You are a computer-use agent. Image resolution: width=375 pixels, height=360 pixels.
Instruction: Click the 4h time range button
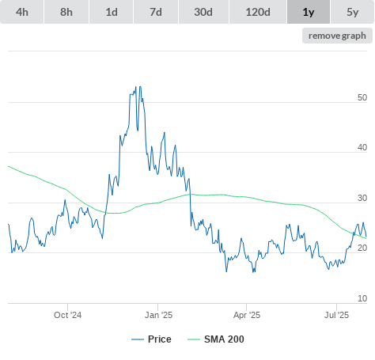(22, 12)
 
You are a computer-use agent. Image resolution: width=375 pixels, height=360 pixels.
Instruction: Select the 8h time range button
(66, 12)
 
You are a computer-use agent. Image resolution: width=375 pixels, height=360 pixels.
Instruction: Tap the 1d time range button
(112, 12)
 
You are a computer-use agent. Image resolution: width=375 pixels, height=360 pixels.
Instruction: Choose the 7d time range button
(156, 12)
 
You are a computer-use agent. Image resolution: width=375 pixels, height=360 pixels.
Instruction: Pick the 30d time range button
(203, 12)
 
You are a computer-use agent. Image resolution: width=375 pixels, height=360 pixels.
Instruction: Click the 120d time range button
(258, 12)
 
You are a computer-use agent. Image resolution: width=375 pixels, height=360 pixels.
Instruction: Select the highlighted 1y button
(309, 12)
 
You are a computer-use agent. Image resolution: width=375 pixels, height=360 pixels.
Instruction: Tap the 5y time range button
(353, 12)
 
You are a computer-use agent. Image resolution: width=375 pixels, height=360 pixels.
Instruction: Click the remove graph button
(337, 36)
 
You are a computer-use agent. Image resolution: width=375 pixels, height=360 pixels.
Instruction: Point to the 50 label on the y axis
(362, 97)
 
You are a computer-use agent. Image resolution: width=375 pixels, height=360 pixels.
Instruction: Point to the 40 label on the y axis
(362, 147)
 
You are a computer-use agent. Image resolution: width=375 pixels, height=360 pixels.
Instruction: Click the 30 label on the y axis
(362, 198)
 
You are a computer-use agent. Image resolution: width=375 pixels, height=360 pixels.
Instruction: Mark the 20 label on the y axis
(362, 248)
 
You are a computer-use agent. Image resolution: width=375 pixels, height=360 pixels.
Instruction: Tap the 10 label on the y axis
(362, 298)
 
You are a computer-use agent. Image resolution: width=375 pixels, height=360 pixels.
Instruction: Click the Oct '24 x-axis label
(67, 315)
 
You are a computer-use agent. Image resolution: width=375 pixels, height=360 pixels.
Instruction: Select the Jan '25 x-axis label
(158, 315)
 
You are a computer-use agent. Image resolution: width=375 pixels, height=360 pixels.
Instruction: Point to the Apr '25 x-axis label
(247, 315)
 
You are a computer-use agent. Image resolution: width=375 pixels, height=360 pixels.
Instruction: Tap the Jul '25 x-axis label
(336, 315)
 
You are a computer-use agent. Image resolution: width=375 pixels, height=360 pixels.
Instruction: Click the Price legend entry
(151, 339)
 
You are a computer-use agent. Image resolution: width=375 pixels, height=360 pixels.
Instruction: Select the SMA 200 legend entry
(216, 339)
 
